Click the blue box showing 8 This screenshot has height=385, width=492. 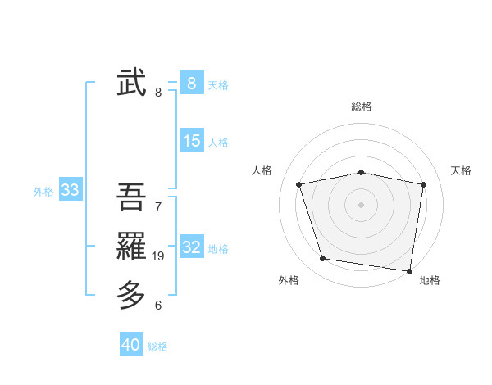coord(191,83)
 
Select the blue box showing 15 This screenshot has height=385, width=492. coord(192,141)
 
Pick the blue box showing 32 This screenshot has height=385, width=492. coord(192,247)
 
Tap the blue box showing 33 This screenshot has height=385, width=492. coord(70,191)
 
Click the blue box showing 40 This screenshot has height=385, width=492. coord(131,345)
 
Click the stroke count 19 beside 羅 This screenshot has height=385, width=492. coord(158,256)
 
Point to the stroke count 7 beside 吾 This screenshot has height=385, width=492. coord(158,206)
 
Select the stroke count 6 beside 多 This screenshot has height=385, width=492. coord(158,306)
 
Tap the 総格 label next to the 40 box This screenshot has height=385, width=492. coord(157,346)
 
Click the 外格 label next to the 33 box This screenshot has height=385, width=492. coord(43,192)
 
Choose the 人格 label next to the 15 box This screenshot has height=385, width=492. coord(218,143)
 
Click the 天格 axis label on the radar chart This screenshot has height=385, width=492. coord(461,170)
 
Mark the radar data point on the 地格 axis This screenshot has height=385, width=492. coord(409,270)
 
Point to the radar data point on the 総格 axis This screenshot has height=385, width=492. coord(361,172)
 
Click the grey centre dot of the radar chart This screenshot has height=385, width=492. coord(361,204)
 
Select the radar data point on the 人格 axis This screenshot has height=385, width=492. coord(299,184)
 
